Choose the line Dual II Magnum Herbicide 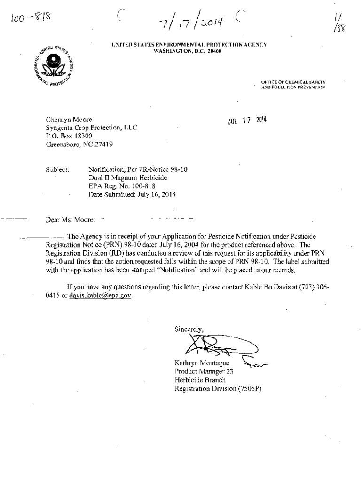coord(128,178)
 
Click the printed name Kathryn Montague coord(201,362)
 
